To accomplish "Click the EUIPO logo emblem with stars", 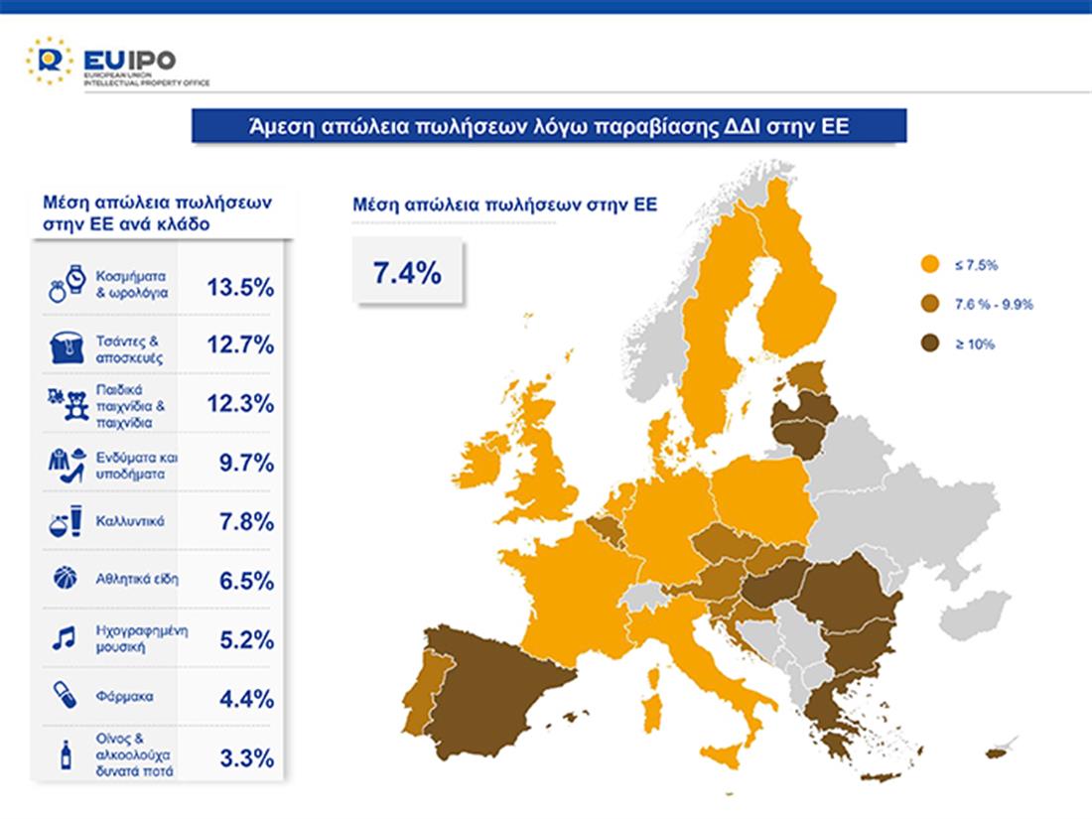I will tap(49, 61).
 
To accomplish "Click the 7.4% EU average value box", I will tap(407, 272).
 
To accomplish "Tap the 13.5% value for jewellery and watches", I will tap(240, 288).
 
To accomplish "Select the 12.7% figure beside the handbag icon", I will tap(240, 346).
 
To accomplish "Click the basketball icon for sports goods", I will tap(64, 579).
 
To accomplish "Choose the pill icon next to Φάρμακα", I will tap(64, 695).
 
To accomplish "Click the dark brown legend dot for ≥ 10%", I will tap(930, 343).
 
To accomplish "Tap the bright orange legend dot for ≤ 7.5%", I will tap(930, 265).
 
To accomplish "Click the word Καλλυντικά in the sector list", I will tap(131, 521).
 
